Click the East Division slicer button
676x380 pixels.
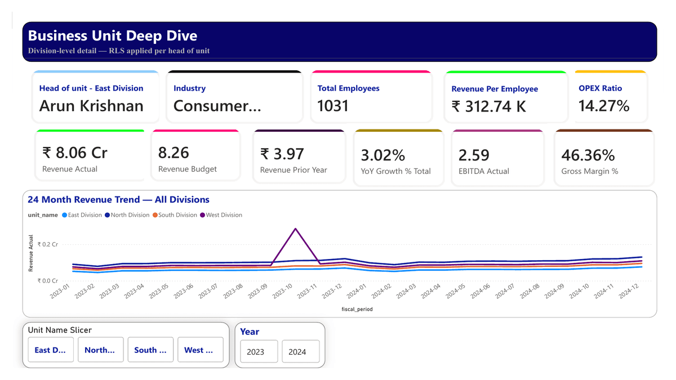point(51,350)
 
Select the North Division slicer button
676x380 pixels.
point(100,350)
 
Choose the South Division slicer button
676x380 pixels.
point(150,350)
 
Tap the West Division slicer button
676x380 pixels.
point(200,350)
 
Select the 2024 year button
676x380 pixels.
point(300,352)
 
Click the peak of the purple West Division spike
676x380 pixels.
point(295,229)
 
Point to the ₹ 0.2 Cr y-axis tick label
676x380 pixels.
point(47,245)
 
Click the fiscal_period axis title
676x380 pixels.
point(357,309)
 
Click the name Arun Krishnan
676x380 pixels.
point(91,106)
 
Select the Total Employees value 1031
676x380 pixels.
point(333,106)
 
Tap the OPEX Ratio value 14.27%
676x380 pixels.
point(604,106)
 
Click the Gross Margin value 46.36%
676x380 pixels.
point(588,155)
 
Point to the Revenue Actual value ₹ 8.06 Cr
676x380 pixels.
point(75,153)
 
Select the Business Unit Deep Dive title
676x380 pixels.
point(113,36)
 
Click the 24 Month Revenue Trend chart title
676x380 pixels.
point(118,199)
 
